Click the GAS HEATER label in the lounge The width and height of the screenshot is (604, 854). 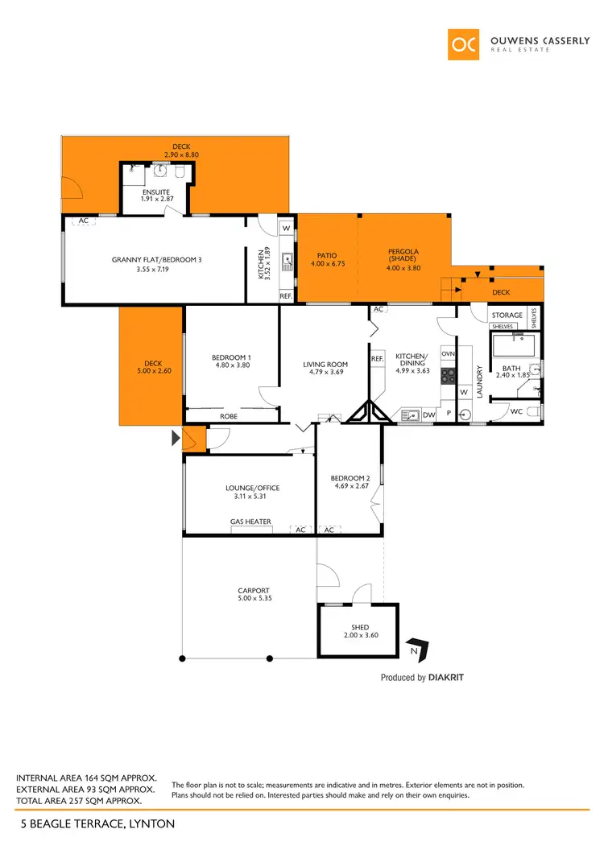[250, 522]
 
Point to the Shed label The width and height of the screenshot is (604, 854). [359, 627]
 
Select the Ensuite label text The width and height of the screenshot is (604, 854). [155, 192]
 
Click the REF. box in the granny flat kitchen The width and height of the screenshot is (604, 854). [286, 295]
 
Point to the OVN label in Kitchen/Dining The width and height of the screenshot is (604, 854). [449, 353]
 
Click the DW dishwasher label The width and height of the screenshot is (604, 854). [428, 415]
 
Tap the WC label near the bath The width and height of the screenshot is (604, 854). [515, 411]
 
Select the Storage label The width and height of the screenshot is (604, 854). [507, 315]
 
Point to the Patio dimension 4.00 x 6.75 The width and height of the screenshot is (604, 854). [327, 263]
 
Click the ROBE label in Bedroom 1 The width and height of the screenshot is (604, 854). [229, 417]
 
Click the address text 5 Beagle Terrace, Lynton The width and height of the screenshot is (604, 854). [95, 824]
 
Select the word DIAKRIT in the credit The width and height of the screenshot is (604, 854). [446, 678]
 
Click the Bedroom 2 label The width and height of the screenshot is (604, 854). [350, 478]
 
